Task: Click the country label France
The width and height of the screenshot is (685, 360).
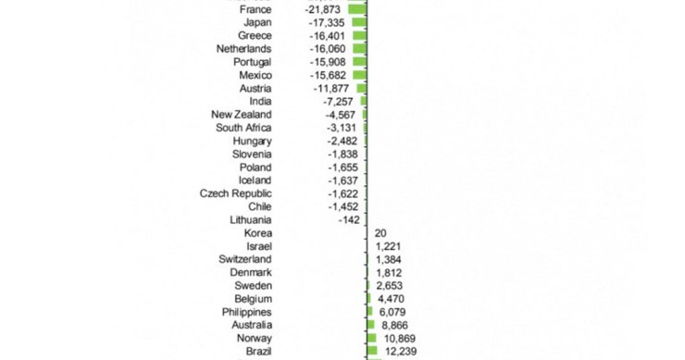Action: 255,8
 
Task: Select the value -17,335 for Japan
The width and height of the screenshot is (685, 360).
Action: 330,22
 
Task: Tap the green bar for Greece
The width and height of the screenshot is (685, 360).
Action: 359,35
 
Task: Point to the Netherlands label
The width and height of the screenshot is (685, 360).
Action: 243,48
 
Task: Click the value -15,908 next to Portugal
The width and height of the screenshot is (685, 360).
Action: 330,62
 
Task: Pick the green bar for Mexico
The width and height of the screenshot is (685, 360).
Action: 360,75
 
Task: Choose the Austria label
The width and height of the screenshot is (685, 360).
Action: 255,88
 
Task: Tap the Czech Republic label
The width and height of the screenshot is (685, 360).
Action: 235,193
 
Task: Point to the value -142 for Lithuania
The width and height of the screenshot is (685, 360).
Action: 349,220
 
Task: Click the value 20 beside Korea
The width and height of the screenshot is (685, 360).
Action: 381,233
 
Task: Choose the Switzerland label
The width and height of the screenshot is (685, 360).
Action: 244,260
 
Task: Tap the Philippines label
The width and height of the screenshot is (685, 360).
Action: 246,313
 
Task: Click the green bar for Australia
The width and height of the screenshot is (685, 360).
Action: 371,326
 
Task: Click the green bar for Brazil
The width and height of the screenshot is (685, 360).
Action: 372,352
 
